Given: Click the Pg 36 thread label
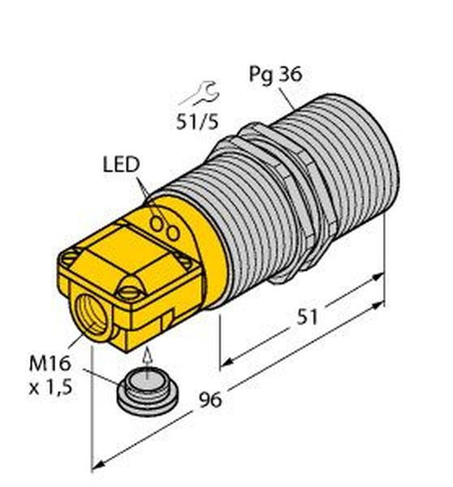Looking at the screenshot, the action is pyautogui.click(x=275, y=75).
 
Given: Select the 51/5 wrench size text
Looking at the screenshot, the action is pyautogui.click(x=197, y=121).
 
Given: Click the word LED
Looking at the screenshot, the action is pyautogui.click(x=121, y=164).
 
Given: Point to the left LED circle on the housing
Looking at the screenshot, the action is pyautogui.click(x=157, y=224).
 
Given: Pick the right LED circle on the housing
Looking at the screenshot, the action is pyautogui.click(x=173, y=233).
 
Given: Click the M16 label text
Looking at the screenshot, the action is pyautogui.click(x=50, y=364).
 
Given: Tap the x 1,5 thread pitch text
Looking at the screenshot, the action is pyautogui.click(x=50, y=387).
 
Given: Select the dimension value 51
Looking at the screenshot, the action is pyautogui.click(x=307, y=317).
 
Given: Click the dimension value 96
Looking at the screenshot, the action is pyautogui.click(x=210, y=399).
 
